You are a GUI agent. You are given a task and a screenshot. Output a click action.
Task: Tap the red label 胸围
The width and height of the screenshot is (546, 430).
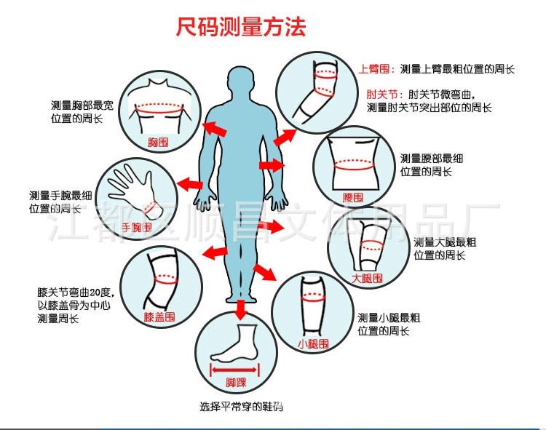click(158, 142)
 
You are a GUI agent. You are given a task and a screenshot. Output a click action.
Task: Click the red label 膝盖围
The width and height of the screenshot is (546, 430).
click(159, 317)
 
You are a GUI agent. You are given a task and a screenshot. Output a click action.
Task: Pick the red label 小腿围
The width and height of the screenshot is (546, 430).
click(314, 343)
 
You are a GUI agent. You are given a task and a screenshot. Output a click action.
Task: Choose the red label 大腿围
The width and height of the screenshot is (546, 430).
click(367, 278)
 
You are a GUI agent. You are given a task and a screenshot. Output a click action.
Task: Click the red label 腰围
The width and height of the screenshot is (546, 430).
click(352, 196)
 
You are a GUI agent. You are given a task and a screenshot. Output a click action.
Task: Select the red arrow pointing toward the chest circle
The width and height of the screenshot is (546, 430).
click(213, 129)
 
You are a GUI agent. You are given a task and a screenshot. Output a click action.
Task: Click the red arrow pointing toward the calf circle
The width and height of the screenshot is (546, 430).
click(264, 273)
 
